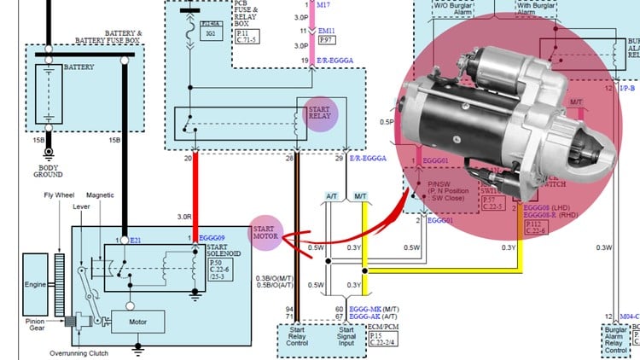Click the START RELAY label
pos(319,114)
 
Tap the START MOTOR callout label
pos(265,233)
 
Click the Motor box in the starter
pos(137,322)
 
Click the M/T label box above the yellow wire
pos(359,196)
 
